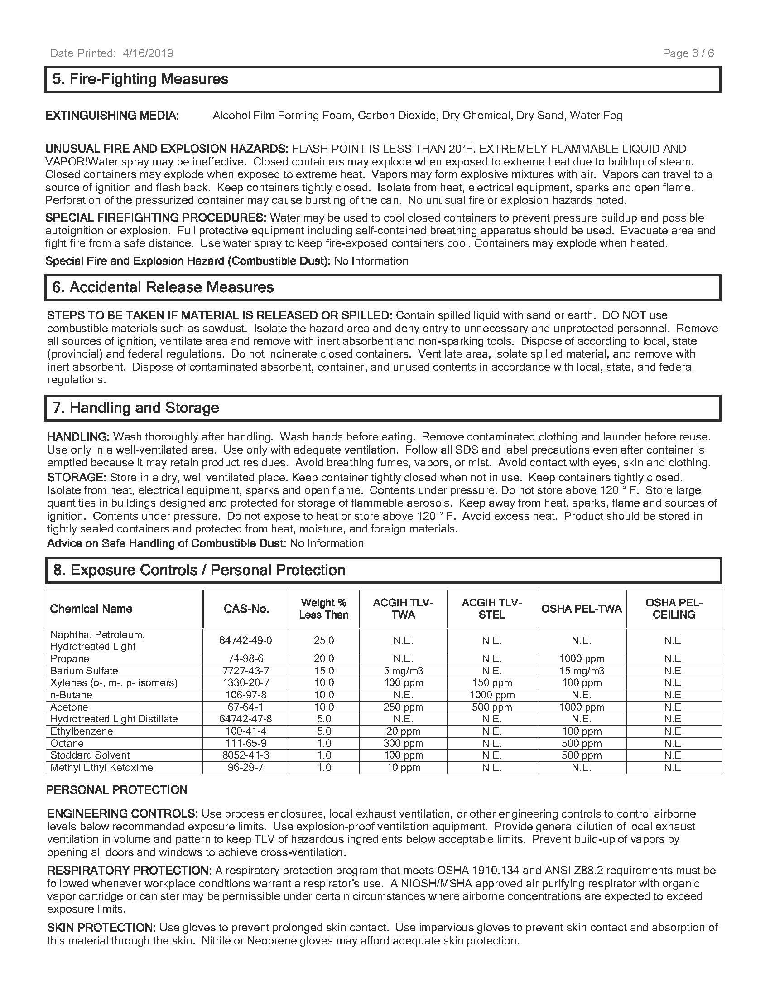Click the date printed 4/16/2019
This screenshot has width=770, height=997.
(111, 53)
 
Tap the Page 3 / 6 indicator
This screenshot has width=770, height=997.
(688, 53)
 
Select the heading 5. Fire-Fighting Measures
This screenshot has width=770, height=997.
(140, 79)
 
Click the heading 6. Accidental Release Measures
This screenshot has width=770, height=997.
(164, 288)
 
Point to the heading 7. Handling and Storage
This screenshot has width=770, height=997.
(136, 408)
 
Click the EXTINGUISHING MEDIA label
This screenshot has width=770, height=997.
(112, 116)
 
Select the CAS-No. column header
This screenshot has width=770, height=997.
(246, 609)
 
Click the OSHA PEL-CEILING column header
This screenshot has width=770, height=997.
(674, 609)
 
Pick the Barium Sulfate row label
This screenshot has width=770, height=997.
(84, 671)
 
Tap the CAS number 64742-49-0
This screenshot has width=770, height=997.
(245, 640)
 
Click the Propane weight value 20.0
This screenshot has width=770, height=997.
(324, 659)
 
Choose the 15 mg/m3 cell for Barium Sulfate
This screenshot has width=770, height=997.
(582, 671)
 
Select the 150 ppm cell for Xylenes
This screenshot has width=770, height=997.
(492, 683)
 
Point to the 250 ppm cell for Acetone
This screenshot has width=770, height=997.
(403, 707)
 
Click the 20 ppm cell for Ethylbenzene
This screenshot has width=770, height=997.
(403, 731)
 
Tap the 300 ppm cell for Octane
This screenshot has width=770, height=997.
(403, 743)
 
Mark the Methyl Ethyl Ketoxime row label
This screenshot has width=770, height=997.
(101, 767)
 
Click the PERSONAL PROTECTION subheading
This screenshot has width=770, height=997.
(117, 790)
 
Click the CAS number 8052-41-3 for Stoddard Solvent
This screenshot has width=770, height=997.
(245, 755)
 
